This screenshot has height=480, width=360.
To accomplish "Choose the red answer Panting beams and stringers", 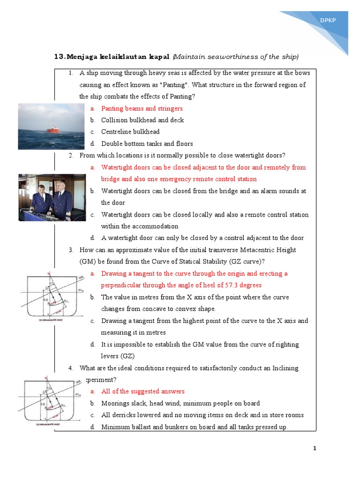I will point(142,108).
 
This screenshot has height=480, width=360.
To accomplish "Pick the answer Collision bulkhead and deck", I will point(142,120).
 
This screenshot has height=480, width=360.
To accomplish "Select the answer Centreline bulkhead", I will point(130,132).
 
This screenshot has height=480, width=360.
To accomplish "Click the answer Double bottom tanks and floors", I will point(147,144).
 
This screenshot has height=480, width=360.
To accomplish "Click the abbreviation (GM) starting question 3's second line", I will point(88,262).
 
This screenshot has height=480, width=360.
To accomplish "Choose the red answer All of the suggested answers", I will point(143,391).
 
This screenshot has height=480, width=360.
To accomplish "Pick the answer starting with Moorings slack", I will point(180,403).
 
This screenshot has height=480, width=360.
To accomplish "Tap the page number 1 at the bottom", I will point(315,449).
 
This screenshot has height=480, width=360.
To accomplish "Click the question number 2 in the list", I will point(70,156).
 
